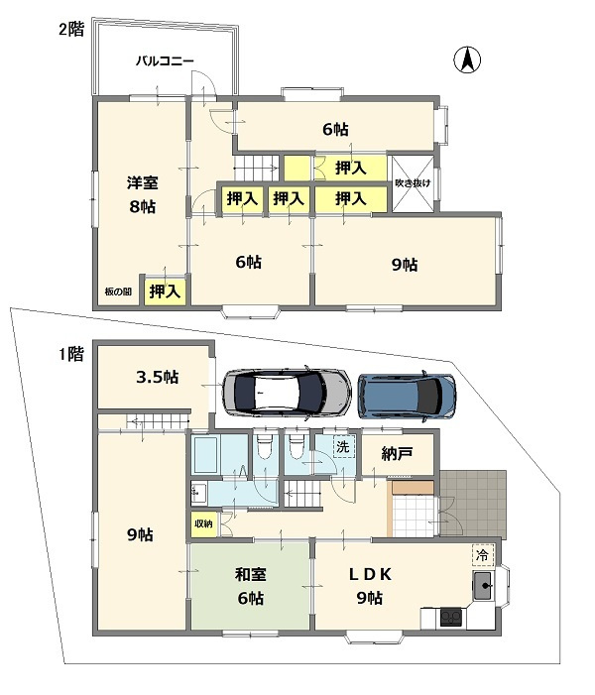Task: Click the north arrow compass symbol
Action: pyautogui.click(x=467, y=59)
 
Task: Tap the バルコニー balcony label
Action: pyautogui.click(x=165, y=60)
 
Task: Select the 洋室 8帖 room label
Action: pyautogui.click(x=143, y=194)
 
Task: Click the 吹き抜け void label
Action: pyautogui.click(x=413, y=183)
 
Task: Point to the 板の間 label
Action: pyautogui.click(x=118, y=291)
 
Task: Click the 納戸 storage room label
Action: pyautogui.click(x=398, y=453)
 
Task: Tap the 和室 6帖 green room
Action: pyautogui.click(x=250, y=584)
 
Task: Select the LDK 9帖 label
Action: pyautogui.click(x=370, y=586)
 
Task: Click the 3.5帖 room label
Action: pyautogui.click(x=157, y=377)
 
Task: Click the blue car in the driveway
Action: pyautogui.click(x=407, y=395)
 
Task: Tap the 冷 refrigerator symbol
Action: pyautogui.click(x=482, y=555)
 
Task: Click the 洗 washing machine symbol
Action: pyautogui.click(x=344, y=447)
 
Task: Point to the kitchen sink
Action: pyautogui.click(x=483, y=586)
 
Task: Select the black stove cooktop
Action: pyautogui.click(x=451, y=618)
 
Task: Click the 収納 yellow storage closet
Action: pyautogui.click(x=204, y=523)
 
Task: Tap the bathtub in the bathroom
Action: pyautogui.click(x=204, y=454)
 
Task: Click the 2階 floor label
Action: pyautogui.click(x=71, y=30)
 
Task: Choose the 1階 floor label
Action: pyautogui.click(x=71, y=354)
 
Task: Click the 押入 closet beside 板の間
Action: pyautogui.click(x=165, y=291)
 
